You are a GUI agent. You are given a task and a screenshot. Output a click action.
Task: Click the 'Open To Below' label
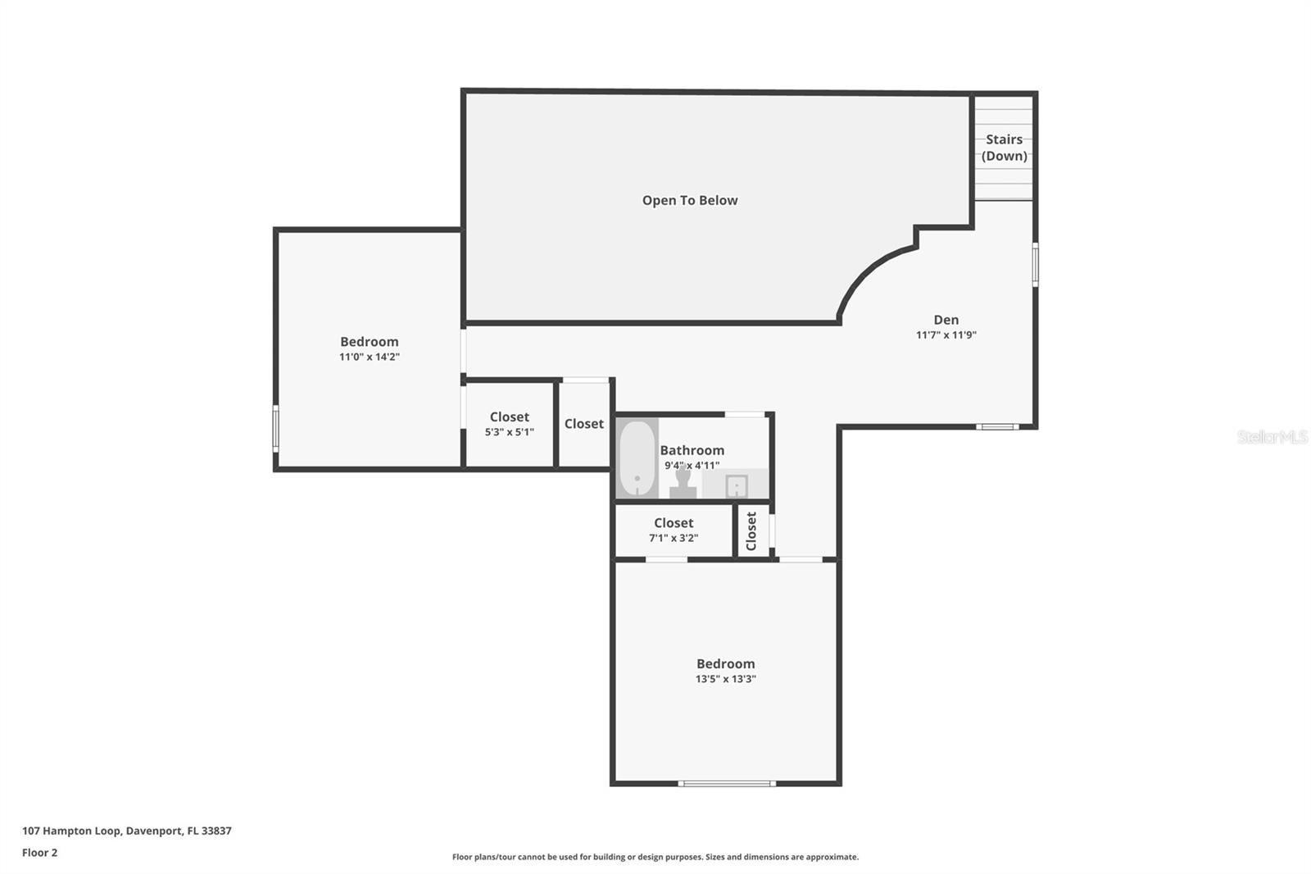(690, 200)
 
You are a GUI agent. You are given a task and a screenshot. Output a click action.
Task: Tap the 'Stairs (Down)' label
(1004, 148)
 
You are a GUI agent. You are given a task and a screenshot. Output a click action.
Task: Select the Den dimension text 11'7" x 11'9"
(946, 335)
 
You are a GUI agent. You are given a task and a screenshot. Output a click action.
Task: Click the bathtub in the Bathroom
(637, 458)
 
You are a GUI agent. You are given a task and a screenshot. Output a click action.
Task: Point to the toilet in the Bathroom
(683, 482)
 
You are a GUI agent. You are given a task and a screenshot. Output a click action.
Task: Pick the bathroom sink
(736, 486)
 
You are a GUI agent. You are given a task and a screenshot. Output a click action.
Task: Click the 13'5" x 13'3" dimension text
(725, 679)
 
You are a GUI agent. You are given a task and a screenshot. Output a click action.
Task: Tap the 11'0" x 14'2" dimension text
(369, 357)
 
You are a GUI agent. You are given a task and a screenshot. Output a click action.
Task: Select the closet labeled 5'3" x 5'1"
(509, 424)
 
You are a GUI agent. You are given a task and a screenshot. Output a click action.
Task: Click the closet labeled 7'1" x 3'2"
(673, 530)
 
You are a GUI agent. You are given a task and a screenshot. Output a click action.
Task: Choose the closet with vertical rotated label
(752, 531)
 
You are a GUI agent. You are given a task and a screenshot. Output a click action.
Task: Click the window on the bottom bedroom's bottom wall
(727, 784)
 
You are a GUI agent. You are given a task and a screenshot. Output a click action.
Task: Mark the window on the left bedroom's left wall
(276, 428)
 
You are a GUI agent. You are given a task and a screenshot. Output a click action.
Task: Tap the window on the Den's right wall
(1035, 264)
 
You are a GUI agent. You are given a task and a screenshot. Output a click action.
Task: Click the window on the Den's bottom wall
(997, 426)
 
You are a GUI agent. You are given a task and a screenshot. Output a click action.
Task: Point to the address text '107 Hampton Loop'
(72, 831)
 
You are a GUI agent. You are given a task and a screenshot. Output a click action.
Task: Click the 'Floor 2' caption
(39, 853)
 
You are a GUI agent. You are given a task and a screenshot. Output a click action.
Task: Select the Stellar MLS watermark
(1272, 437)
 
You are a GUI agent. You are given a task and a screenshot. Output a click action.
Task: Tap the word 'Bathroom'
(692, 450)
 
